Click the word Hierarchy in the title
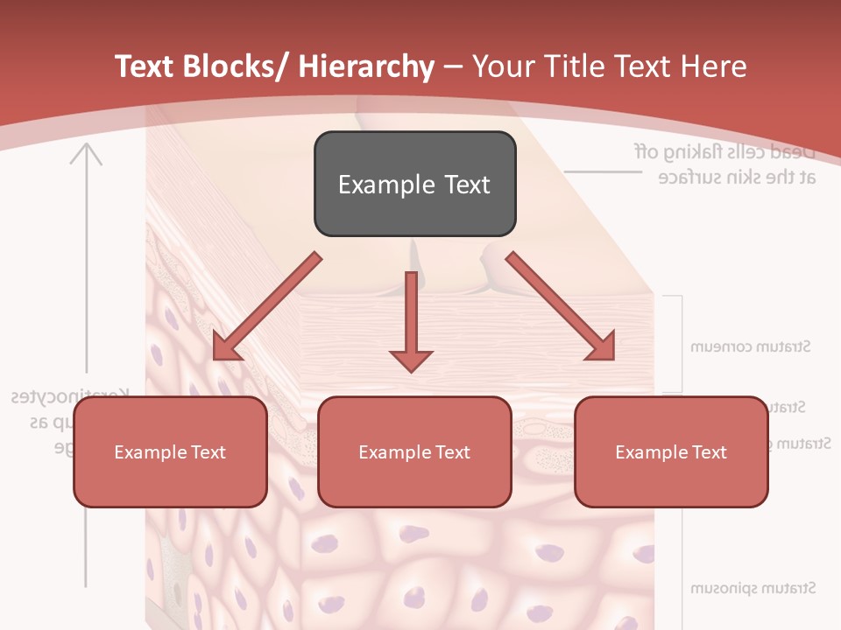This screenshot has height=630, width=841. coord(366,66)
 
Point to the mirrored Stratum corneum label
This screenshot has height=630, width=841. coord(750,346)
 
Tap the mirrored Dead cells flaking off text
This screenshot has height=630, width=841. coord(725,152)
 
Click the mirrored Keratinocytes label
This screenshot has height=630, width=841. coord(70,396)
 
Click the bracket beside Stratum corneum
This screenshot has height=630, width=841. coord(679,343)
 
